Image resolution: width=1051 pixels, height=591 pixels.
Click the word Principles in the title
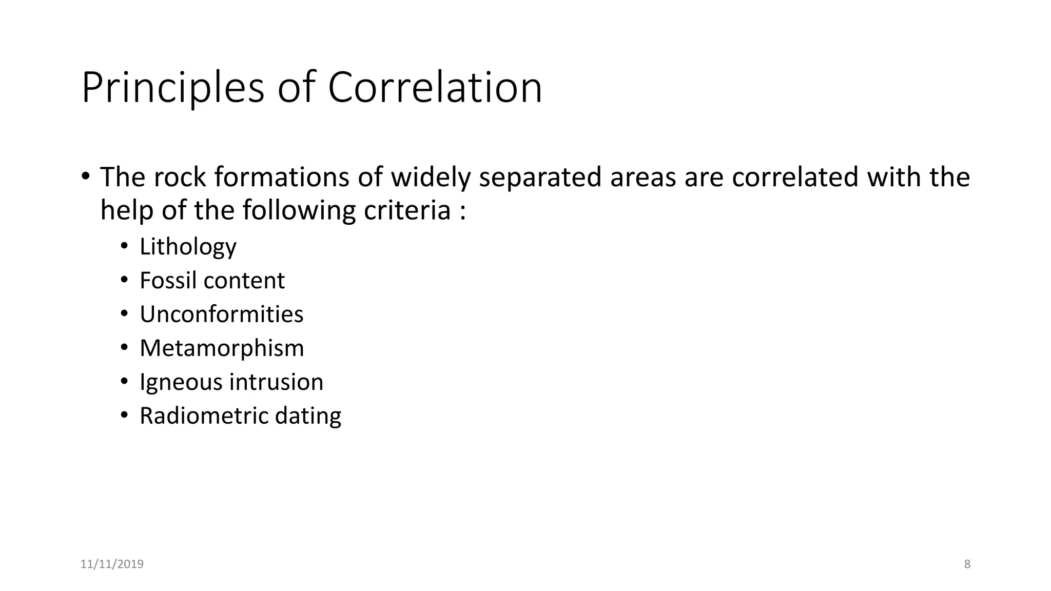[x=172, y=88]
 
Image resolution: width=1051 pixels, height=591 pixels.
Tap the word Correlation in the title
[x=435, y=88]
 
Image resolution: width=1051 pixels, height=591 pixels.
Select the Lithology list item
[x=188, y=247]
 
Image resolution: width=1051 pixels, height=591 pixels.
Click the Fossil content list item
[x=212, y=281]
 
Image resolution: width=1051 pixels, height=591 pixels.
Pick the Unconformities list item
[x=221, y=314]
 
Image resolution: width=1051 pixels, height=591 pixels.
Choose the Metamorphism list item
[x=222, y=348]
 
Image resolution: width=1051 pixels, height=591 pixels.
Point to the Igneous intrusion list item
[x=231, y=382]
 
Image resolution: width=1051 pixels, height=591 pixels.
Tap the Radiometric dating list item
[x=240, y=416]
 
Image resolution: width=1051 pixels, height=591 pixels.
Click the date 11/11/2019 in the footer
[x=112, y=564]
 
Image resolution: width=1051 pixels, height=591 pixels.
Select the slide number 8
[x=967, y=564]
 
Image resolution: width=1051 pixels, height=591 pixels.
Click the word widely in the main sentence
[x=431, y=178]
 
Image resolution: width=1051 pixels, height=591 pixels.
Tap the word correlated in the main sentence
[x=795, y=178]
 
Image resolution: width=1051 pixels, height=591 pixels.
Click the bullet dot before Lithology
[x=124, y=246]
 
